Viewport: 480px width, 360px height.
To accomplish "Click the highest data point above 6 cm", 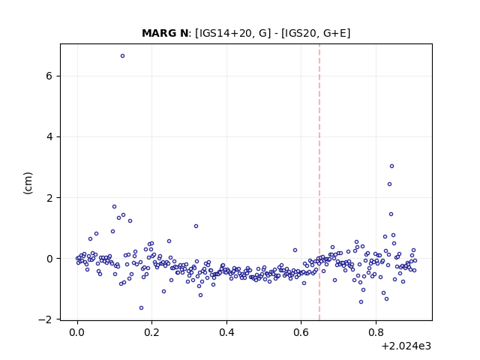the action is [x=122, y=56].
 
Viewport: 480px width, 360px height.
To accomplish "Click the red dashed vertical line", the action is [x=319, y=182].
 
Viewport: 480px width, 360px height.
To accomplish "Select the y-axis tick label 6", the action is [x=49, y=76].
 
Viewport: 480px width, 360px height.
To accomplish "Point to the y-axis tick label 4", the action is [x=49, y=136].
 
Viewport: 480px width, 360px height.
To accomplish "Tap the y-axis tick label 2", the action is [x=49, y=198].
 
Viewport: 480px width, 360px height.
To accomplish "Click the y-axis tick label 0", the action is [x=49, y=259].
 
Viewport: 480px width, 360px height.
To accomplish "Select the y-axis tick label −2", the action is [x=45, y=319].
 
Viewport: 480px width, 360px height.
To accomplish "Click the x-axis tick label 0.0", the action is [x=77, y=332].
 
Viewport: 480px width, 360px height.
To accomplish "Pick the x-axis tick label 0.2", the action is [x=151, y=332].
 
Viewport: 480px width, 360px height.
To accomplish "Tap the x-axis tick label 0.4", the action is [x=226, y=332].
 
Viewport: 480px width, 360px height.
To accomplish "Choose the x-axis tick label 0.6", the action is [x=301, y=332].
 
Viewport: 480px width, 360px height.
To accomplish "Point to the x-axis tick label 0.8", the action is [x=376, y=332].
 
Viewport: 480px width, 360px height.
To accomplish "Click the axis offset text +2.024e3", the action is [x=406, y=346].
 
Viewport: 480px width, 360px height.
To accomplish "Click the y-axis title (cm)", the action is [x=28, y=183].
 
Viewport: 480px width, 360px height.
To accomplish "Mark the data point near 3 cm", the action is [x=391, y=166].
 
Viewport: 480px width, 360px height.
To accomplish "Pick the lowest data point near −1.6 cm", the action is [x=141, y=308].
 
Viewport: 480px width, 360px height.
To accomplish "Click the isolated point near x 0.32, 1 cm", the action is [x=196, y=226].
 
